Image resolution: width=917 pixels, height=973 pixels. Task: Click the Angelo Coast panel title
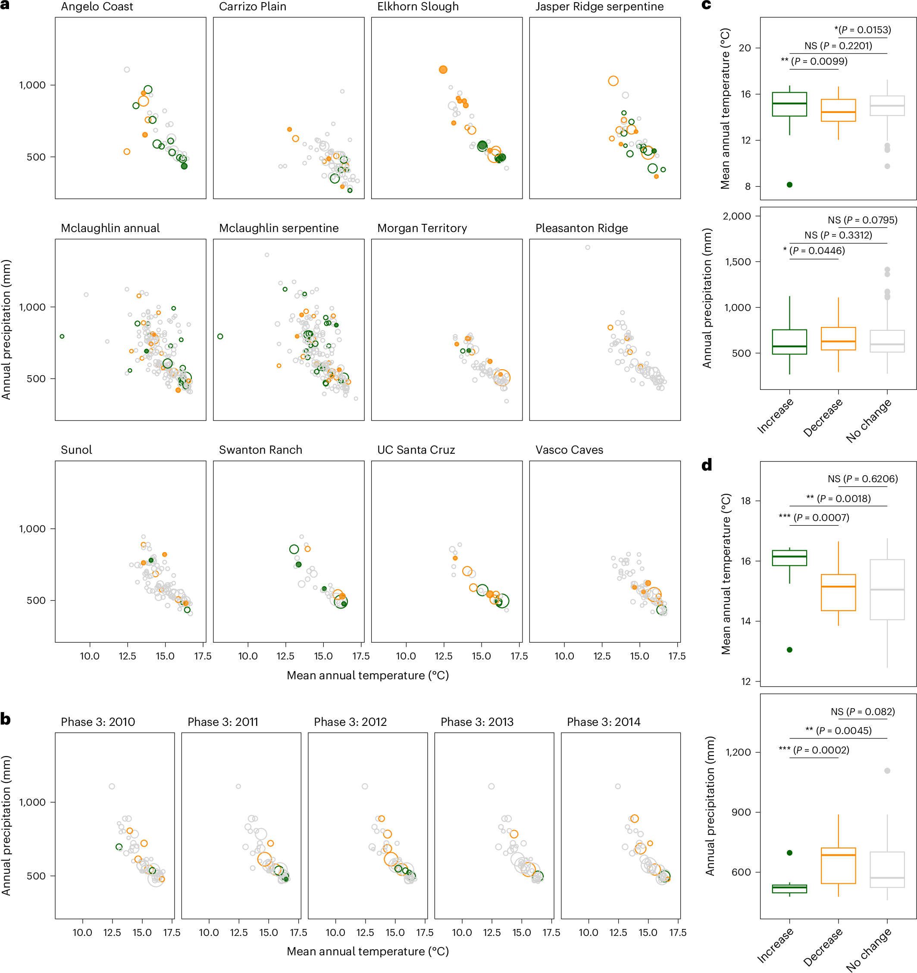click(x=97, y=7)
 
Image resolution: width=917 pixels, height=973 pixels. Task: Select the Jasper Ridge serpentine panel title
click(x=599, y=7)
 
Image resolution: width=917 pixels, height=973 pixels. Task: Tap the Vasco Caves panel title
click(x=569, y=450)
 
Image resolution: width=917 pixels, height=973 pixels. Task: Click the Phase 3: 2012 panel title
click(x=350, y=722)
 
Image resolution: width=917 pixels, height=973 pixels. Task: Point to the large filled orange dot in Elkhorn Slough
click(x=443, y=69)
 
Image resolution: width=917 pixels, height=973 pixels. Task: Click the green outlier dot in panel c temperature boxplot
click(x=789, y=185)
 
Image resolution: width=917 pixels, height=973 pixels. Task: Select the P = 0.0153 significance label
click(x=862, y=30)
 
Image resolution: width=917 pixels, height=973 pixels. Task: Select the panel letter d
click(x=706, y=465)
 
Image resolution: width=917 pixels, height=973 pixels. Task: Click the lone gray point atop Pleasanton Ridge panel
click(x=587, y=247)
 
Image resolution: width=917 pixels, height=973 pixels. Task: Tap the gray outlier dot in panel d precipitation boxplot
click(x=887, y=770)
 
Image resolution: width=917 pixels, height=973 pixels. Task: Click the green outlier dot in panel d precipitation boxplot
click(x=789, y=853)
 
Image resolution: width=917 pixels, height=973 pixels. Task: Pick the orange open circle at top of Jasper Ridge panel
click(x=613, y=81)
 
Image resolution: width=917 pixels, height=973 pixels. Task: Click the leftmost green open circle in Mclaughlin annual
click(x=62, y=336)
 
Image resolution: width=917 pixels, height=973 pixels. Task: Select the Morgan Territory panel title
click(x=421, y=228)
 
